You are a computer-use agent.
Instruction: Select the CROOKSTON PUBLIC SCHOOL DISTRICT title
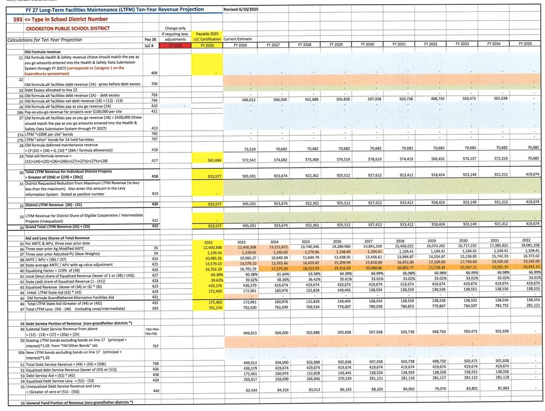click(x=48, y=29)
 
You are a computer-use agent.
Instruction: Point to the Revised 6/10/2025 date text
click(x=241, y=9)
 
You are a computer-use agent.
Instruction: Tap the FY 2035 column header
click(x=525, y=45)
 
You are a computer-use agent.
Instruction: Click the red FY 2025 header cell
click(x=175, y=45)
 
